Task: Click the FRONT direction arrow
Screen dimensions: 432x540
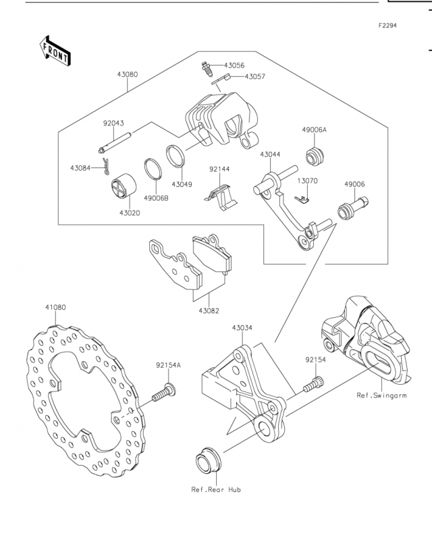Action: click(55, 50)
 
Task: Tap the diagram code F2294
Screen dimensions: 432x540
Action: click(387, 26)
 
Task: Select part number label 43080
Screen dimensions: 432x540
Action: click(128, 74)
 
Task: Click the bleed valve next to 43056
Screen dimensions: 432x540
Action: click(207, 68)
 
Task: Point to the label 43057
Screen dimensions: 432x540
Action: click(255, 76)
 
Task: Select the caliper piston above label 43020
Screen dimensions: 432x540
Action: click(124, 186)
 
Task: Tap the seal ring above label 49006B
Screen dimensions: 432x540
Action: click(153, 169)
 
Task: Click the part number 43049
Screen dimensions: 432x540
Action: click(182, 184)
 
